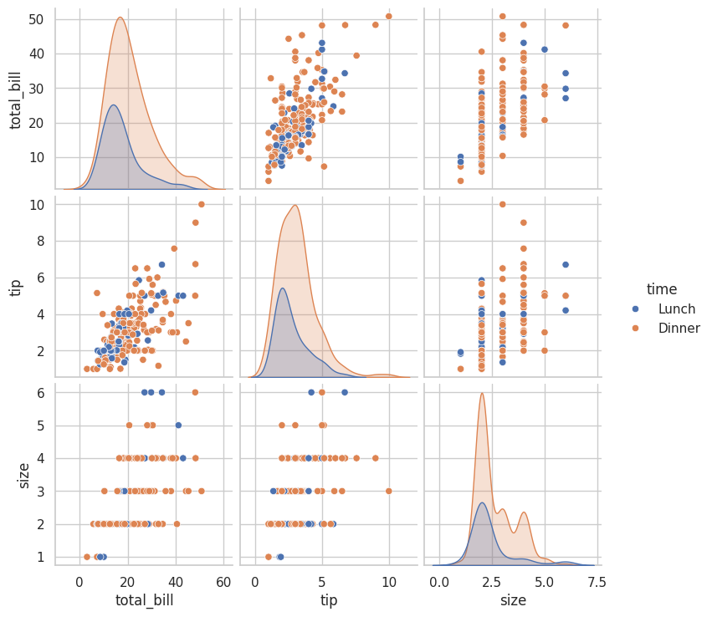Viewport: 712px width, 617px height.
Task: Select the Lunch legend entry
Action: [676, 308]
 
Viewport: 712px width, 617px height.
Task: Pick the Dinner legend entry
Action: [679, 329]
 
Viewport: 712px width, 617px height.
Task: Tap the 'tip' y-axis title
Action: [16, 287]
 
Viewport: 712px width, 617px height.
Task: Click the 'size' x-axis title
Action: [513, 600]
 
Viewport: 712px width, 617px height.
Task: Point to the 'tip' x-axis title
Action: [329, 600]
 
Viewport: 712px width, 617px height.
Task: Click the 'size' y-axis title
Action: [23, 474]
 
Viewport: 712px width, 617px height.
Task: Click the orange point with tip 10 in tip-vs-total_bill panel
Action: [201, 204]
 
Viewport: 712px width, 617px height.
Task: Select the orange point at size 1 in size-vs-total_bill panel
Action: [86, 557]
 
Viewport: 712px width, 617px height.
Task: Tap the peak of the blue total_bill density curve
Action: [113, 105]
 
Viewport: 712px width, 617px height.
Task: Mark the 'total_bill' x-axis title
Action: [144, 600]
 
